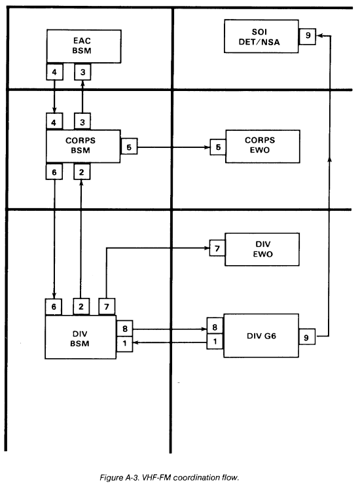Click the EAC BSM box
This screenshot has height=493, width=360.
(84, 46)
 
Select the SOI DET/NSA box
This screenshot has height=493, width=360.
(261, 36)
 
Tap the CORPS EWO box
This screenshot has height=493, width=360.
(262, 146)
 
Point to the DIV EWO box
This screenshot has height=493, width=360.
(262, 249)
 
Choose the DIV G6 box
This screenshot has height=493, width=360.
(261, 335)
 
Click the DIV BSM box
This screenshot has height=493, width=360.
(81, 337)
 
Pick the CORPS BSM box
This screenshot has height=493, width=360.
(83, 146)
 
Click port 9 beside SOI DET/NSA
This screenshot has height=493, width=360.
(307, 36)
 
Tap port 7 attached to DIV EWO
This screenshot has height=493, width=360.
(217, 247)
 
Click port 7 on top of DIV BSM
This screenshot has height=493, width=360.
(107, 306)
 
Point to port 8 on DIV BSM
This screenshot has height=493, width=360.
(124, 328)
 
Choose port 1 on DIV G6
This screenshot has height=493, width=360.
(215, 341)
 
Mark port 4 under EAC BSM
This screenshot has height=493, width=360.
(54, 71)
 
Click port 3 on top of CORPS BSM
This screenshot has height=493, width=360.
(82, 121)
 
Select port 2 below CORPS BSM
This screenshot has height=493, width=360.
(82, 172)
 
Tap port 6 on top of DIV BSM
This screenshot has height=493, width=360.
(54, 306)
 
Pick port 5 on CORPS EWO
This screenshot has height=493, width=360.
(218, 147)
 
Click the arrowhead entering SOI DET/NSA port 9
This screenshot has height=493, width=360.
(319, 36)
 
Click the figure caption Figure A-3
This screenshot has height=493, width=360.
(169, 477)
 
